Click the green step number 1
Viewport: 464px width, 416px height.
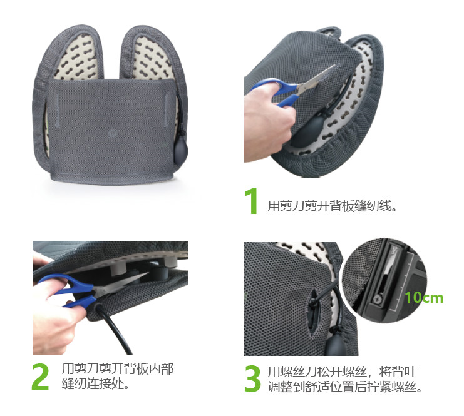pos(252,200)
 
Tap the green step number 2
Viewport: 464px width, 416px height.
pos(41,377)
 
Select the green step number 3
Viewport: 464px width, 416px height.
pos(252,378)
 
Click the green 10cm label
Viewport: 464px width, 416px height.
pos(424,297)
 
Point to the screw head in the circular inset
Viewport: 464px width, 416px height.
pos(378,299)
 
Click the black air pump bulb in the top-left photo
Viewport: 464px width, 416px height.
pos(180,152)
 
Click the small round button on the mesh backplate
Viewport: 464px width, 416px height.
pos(112,133)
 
